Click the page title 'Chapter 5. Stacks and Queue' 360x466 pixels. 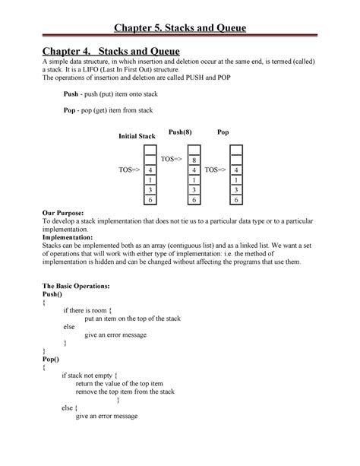180,28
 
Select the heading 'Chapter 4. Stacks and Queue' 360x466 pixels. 106,50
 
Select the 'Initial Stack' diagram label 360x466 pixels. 136,135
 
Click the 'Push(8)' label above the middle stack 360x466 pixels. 181,132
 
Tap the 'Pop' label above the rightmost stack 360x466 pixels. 223,132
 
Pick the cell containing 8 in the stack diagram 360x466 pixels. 194,160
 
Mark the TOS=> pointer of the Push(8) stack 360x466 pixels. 168,158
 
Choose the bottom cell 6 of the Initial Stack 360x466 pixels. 150,199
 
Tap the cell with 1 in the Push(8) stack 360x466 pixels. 194,179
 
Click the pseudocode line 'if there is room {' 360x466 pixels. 88,310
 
